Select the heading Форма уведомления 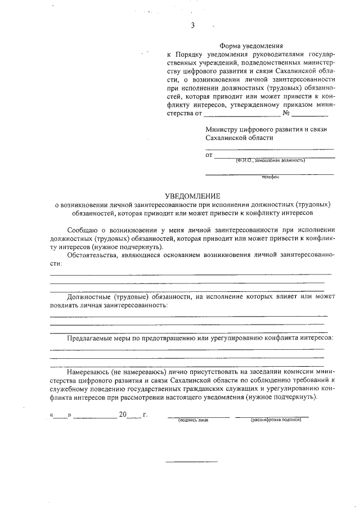(x=251, y=46)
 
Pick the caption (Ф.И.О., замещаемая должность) (x=270, y=160)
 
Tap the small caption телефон (x=270, y=177)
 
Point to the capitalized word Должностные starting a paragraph (x=88, y=296)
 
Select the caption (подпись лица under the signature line (x=192, y=420)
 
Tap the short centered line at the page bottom (x=191, y=462)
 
